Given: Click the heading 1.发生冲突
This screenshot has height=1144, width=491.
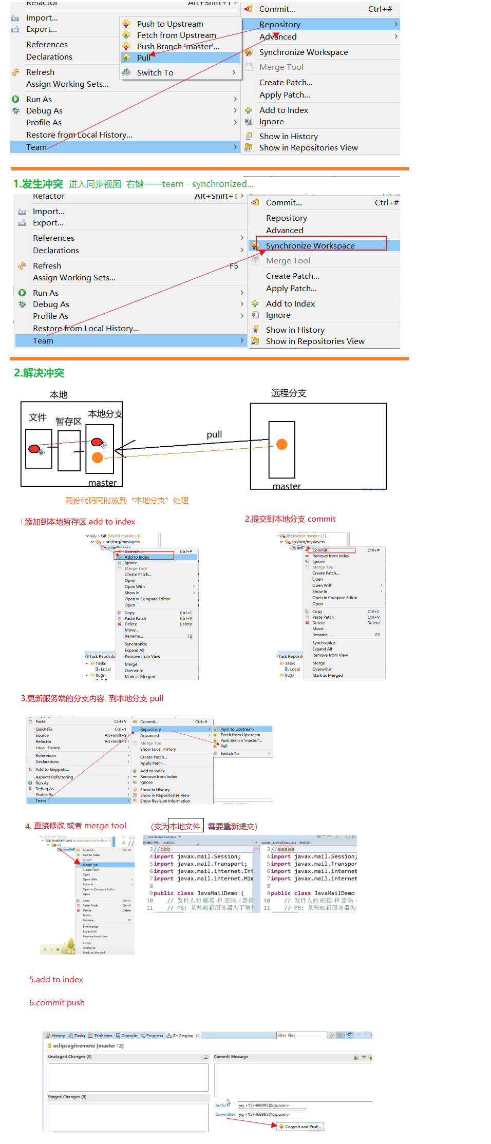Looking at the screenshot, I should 38,184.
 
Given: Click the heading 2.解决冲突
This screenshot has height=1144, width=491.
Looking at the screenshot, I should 39,373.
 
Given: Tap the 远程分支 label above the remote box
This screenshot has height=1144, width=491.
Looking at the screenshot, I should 289,393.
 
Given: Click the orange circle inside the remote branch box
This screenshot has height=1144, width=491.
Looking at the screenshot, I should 282,444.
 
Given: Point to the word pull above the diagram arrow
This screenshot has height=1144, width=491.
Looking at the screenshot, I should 214,434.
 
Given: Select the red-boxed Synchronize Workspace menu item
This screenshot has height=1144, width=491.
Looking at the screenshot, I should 310,245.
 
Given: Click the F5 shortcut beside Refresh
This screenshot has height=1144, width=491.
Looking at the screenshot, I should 234,265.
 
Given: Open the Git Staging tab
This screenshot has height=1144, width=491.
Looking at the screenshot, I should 183,1036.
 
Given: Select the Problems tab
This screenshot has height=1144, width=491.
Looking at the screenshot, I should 103,1036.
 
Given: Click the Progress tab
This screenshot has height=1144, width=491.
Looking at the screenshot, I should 154,1036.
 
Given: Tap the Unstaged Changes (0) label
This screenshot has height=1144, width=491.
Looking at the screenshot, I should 70,1057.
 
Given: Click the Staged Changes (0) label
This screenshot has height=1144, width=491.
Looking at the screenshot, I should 67,1097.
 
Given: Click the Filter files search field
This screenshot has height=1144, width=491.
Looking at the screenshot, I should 301,1035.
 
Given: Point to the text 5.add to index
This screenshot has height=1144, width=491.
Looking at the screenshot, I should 56,980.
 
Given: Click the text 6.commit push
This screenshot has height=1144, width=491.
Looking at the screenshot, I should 56,1003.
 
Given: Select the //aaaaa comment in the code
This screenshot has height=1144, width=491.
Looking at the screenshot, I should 282,849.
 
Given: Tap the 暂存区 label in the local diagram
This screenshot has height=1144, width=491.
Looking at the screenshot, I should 68,422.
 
